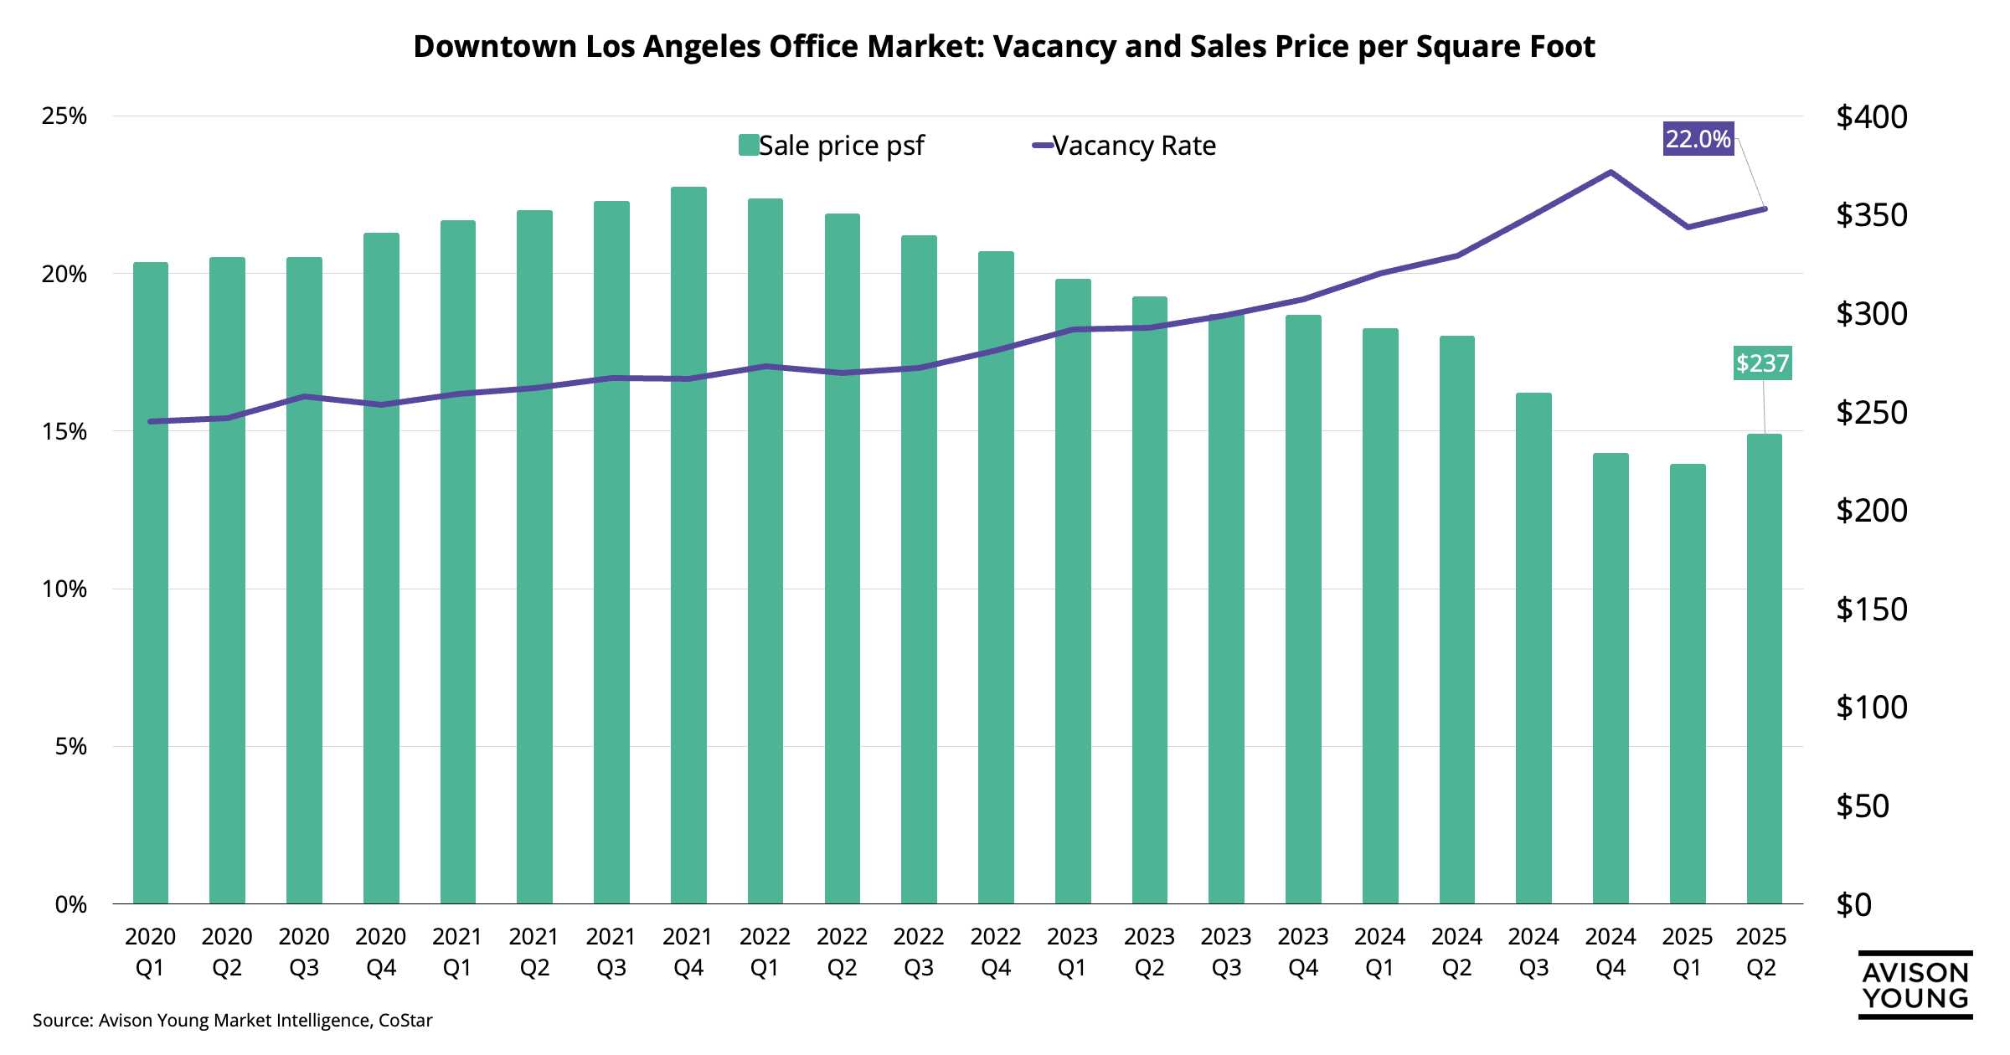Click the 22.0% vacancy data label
coord(1697,139)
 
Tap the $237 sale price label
coord(1762,363)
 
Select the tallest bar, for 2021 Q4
coord(688,544)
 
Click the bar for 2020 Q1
coord(151,586)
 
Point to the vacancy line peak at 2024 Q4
coord(1611,172)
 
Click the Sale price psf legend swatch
coord(748,146)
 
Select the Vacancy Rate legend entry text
coord(1134,146)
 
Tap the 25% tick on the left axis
coord(64,116)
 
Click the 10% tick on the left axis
coord(64,589)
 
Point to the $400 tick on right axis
coord(1871,117)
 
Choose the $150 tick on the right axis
coord(1871,609)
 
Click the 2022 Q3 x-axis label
coord(919,952)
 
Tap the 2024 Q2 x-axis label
coord(1456,952)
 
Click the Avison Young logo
coord(1915,986)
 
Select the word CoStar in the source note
coord(405,1021)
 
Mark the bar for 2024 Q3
coord(1533,649)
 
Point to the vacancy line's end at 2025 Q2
coord(1764,208)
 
